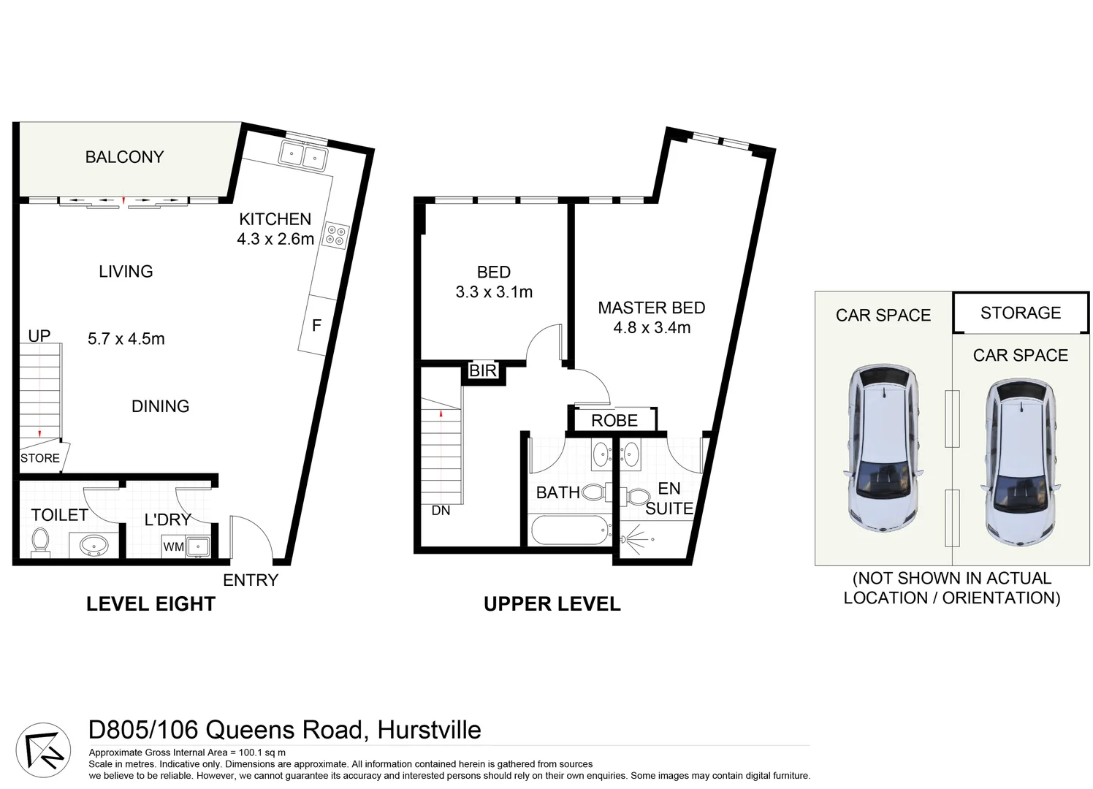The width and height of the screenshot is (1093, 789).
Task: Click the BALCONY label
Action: (x=124, y=157)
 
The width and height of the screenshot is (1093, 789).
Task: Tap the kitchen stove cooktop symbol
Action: (x=336, y=235)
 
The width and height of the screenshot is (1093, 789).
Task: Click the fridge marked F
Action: (x=316, y=326)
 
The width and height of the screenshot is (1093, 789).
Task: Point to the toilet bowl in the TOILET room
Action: (x=40, y=541)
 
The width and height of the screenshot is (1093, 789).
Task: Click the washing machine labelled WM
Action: (x=174, y=546)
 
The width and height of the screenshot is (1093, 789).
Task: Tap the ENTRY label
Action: (x=251, y=580)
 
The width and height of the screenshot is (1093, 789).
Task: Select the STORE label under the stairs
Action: (x=40, y=458)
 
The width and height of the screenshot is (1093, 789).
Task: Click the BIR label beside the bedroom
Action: (x=483, y=371)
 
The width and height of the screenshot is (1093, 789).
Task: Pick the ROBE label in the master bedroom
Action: (x=614, y=421)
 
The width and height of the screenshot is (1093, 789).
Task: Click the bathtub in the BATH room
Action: (x=571, y=530)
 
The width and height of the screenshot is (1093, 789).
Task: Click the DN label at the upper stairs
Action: (x=441, y=511)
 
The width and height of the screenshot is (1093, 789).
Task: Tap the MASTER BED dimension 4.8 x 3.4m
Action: (x=652, y=328)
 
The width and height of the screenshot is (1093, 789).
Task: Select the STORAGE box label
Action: (x=1021, y=313)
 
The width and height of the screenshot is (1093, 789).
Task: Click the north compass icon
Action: (x=44, y=751)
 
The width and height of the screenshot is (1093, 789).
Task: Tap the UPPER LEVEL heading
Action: (x=552, y=604)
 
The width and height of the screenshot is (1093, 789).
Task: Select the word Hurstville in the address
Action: (x=429, y=730)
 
